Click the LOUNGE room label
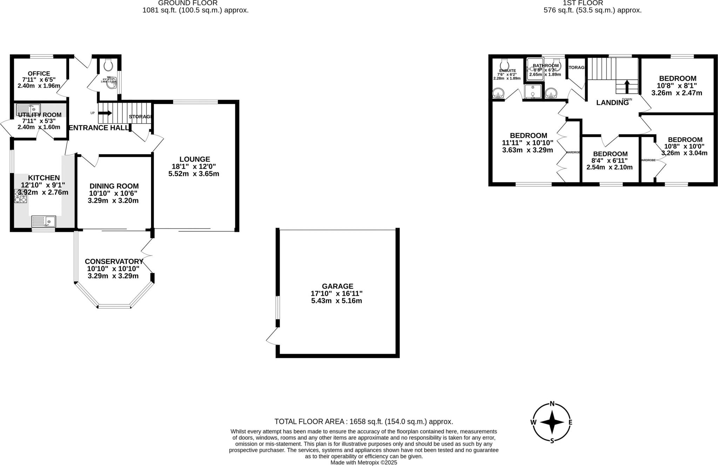(x=195, y=159)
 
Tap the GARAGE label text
(x=337, y=286)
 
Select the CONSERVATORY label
(x=114, y=262)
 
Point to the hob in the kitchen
(x=20, y=196)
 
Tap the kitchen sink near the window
(x=44, y=222)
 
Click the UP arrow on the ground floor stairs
(x=105, y=113)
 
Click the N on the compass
(x=552, y=404)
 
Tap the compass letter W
(x=533, y=423)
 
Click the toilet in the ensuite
(x=504, y=64)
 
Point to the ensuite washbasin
(x=498, y=94)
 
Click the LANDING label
(x=612, y=103)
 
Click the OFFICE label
(x=39, y=74)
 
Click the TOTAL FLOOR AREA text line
(x=364, y=422)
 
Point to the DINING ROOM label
(x=114, y=186)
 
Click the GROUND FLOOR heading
(x=188, y=3)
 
